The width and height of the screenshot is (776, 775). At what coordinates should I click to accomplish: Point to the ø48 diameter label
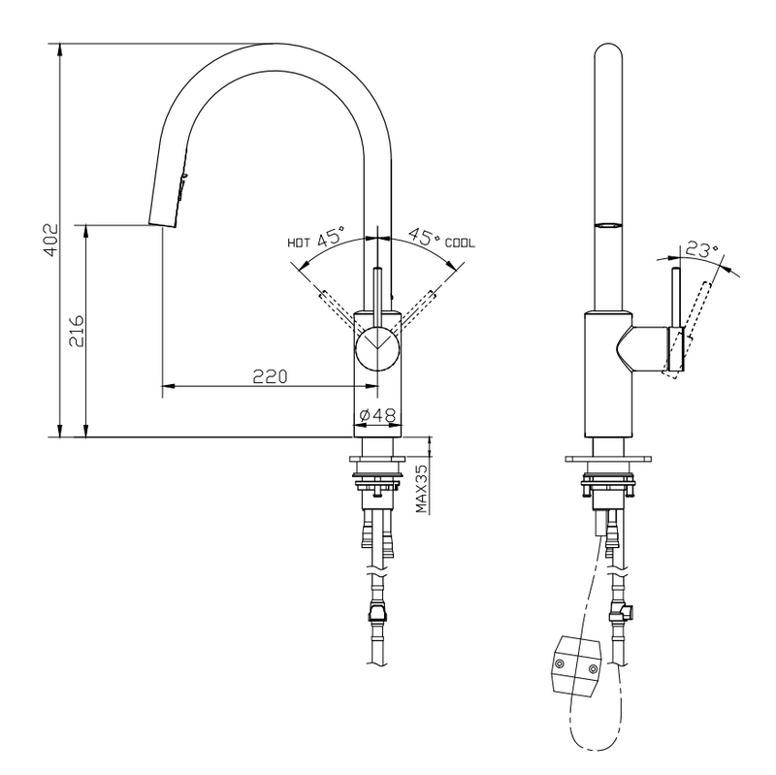click(x=376, y=415)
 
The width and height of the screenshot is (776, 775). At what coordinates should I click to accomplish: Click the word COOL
click(x=460, y=242)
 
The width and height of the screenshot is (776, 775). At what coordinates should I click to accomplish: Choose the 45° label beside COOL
click(x=423, y=237)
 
